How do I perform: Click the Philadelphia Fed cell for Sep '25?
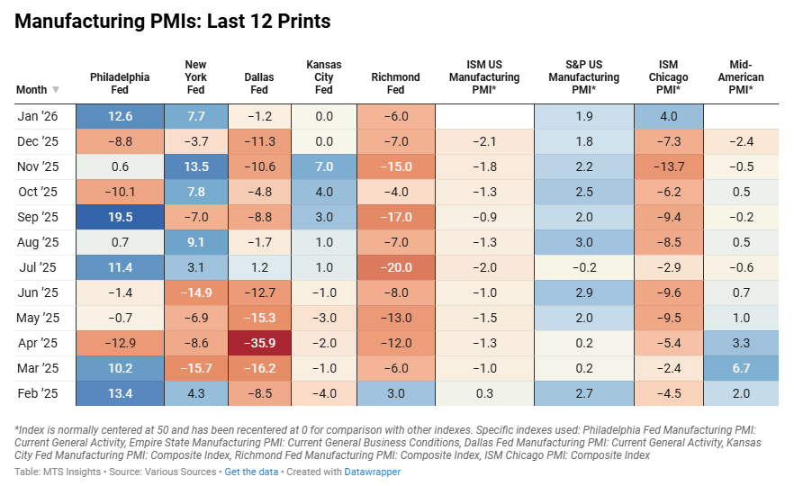pos(120,218)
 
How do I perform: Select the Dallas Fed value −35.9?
pos(259,343)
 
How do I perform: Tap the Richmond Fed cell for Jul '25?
pos(395,267)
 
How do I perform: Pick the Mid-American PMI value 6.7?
pos(741,368)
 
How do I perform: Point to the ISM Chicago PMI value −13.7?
pos(669,166)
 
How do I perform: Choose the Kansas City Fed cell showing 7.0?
pos(324,166)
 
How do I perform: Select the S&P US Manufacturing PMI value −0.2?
pos(583,267)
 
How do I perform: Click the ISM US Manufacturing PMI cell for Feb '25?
pos(483,393)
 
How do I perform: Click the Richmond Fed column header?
pos(395,84)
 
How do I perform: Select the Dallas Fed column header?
pos(259,84)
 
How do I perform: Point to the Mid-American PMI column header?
pos(741,77)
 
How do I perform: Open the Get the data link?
pos(251,472)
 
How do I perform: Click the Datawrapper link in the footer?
pos(372,472)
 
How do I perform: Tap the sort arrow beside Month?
pos(56,90)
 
